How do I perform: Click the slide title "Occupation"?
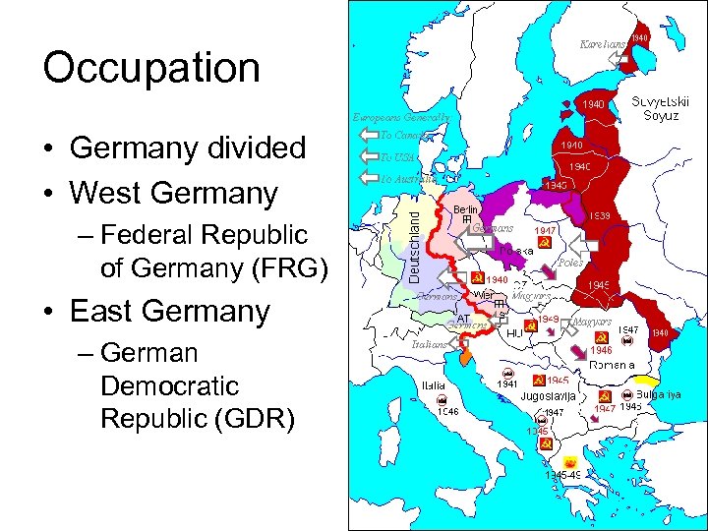151,68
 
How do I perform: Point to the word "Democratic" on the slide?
169,384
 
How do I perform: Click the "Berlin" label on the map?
466,209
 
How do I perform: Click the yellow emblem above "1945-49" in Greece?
569,461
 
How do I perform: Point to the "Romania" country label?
612,365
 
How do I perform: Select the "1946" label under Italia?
444,412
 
